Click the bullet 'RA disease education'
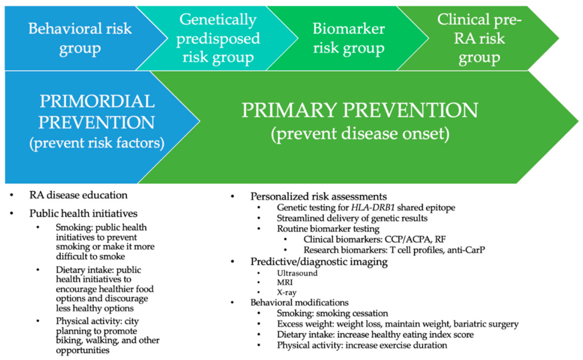pos(79,195)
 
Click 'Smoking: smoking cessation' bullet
pos(332,313)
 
